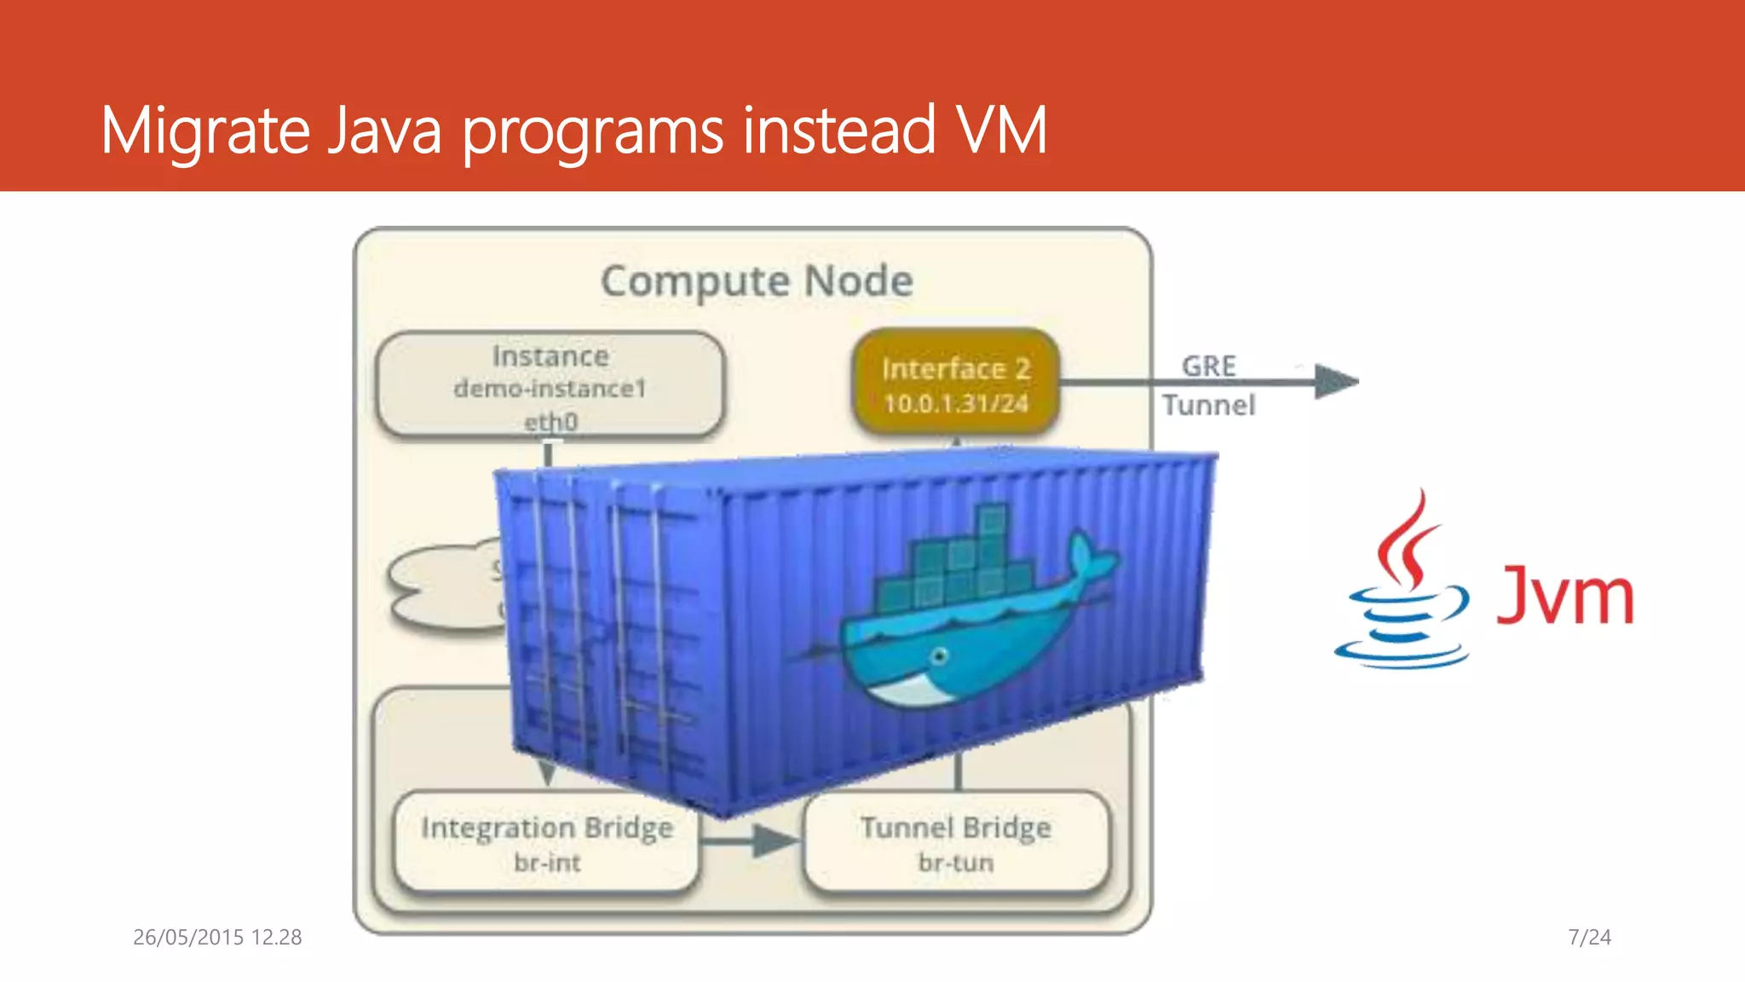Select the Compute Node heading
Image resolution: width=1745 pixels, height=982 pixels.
(x=757, y=281)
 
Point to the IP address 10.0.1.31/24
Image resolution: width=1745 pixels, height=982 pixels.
(x=956, y=403)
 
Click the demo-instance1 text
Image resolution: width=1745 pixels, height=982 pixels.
(x=550, y=389)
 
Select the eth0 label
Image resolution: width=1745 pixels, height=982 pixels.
(x=550, y=422)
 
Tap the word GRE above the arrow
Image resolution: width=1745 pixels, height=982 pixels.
(x=1208, y=367)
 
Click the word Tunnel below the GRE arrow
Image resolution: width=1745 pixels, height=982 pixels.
(x=1208, y=406)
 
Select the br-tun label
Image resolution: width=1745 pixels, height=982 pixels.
(x=956, y=863)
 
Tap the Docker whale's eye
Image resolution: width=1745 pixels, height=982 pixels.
(x=940, y=656)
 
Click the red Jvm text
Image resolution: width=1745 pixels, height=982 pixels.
(x=1564, y=595)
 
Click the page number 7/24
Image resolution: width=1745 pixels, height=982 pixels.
(x=1589, y=938)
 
